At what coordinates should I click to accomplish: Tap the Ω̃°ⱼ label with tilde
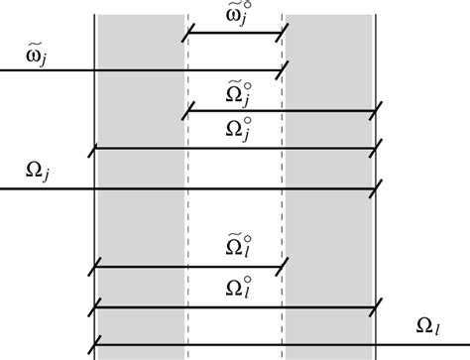tap(235, 94)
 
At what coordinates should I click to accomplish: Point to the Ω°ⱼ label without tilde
tap(235, 129)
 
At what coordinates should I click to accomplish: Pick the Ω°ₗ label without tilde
tap(235, 288)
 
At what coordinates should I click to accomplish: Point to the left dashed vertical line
tap(186, 218)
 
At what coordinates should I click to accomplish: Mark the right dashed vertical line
tap(283, 218)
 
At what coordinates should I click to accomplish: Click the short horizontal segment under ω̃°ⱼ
tap(235, 34)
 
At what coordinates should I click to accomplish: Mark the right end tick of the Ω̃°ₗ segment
tap(284, 267)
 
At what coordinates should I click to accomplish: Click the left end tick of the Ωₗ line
tap(94, 346)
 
